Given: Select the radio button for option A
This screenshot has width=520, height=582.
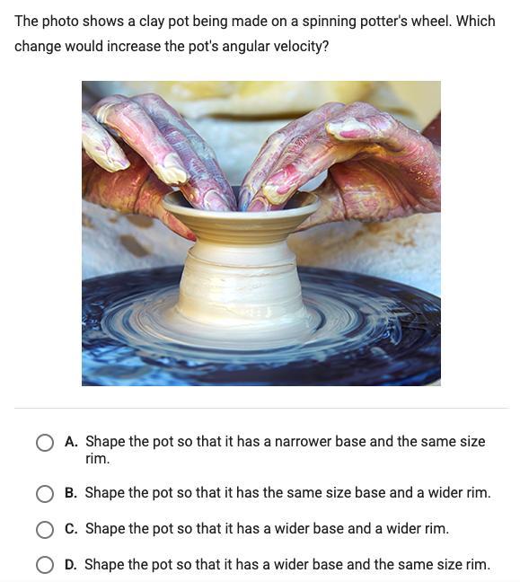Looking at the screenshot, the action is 45,443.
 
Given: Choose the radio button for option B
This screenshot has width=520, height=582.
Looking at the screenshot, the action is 45,493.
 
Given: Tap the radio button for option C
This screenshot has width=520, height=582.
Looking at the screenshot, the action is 45,529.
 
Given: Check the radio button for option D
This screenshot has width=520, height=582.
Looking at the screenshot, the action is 45,565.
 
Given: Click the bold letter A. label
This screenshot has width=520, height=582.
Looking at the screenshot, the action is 71,442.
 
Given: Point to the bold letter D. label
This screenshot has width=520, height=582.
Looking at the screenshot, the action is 71,565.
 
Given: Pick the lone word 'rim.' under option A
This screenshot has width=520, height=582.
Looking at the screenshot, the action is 98,459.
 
